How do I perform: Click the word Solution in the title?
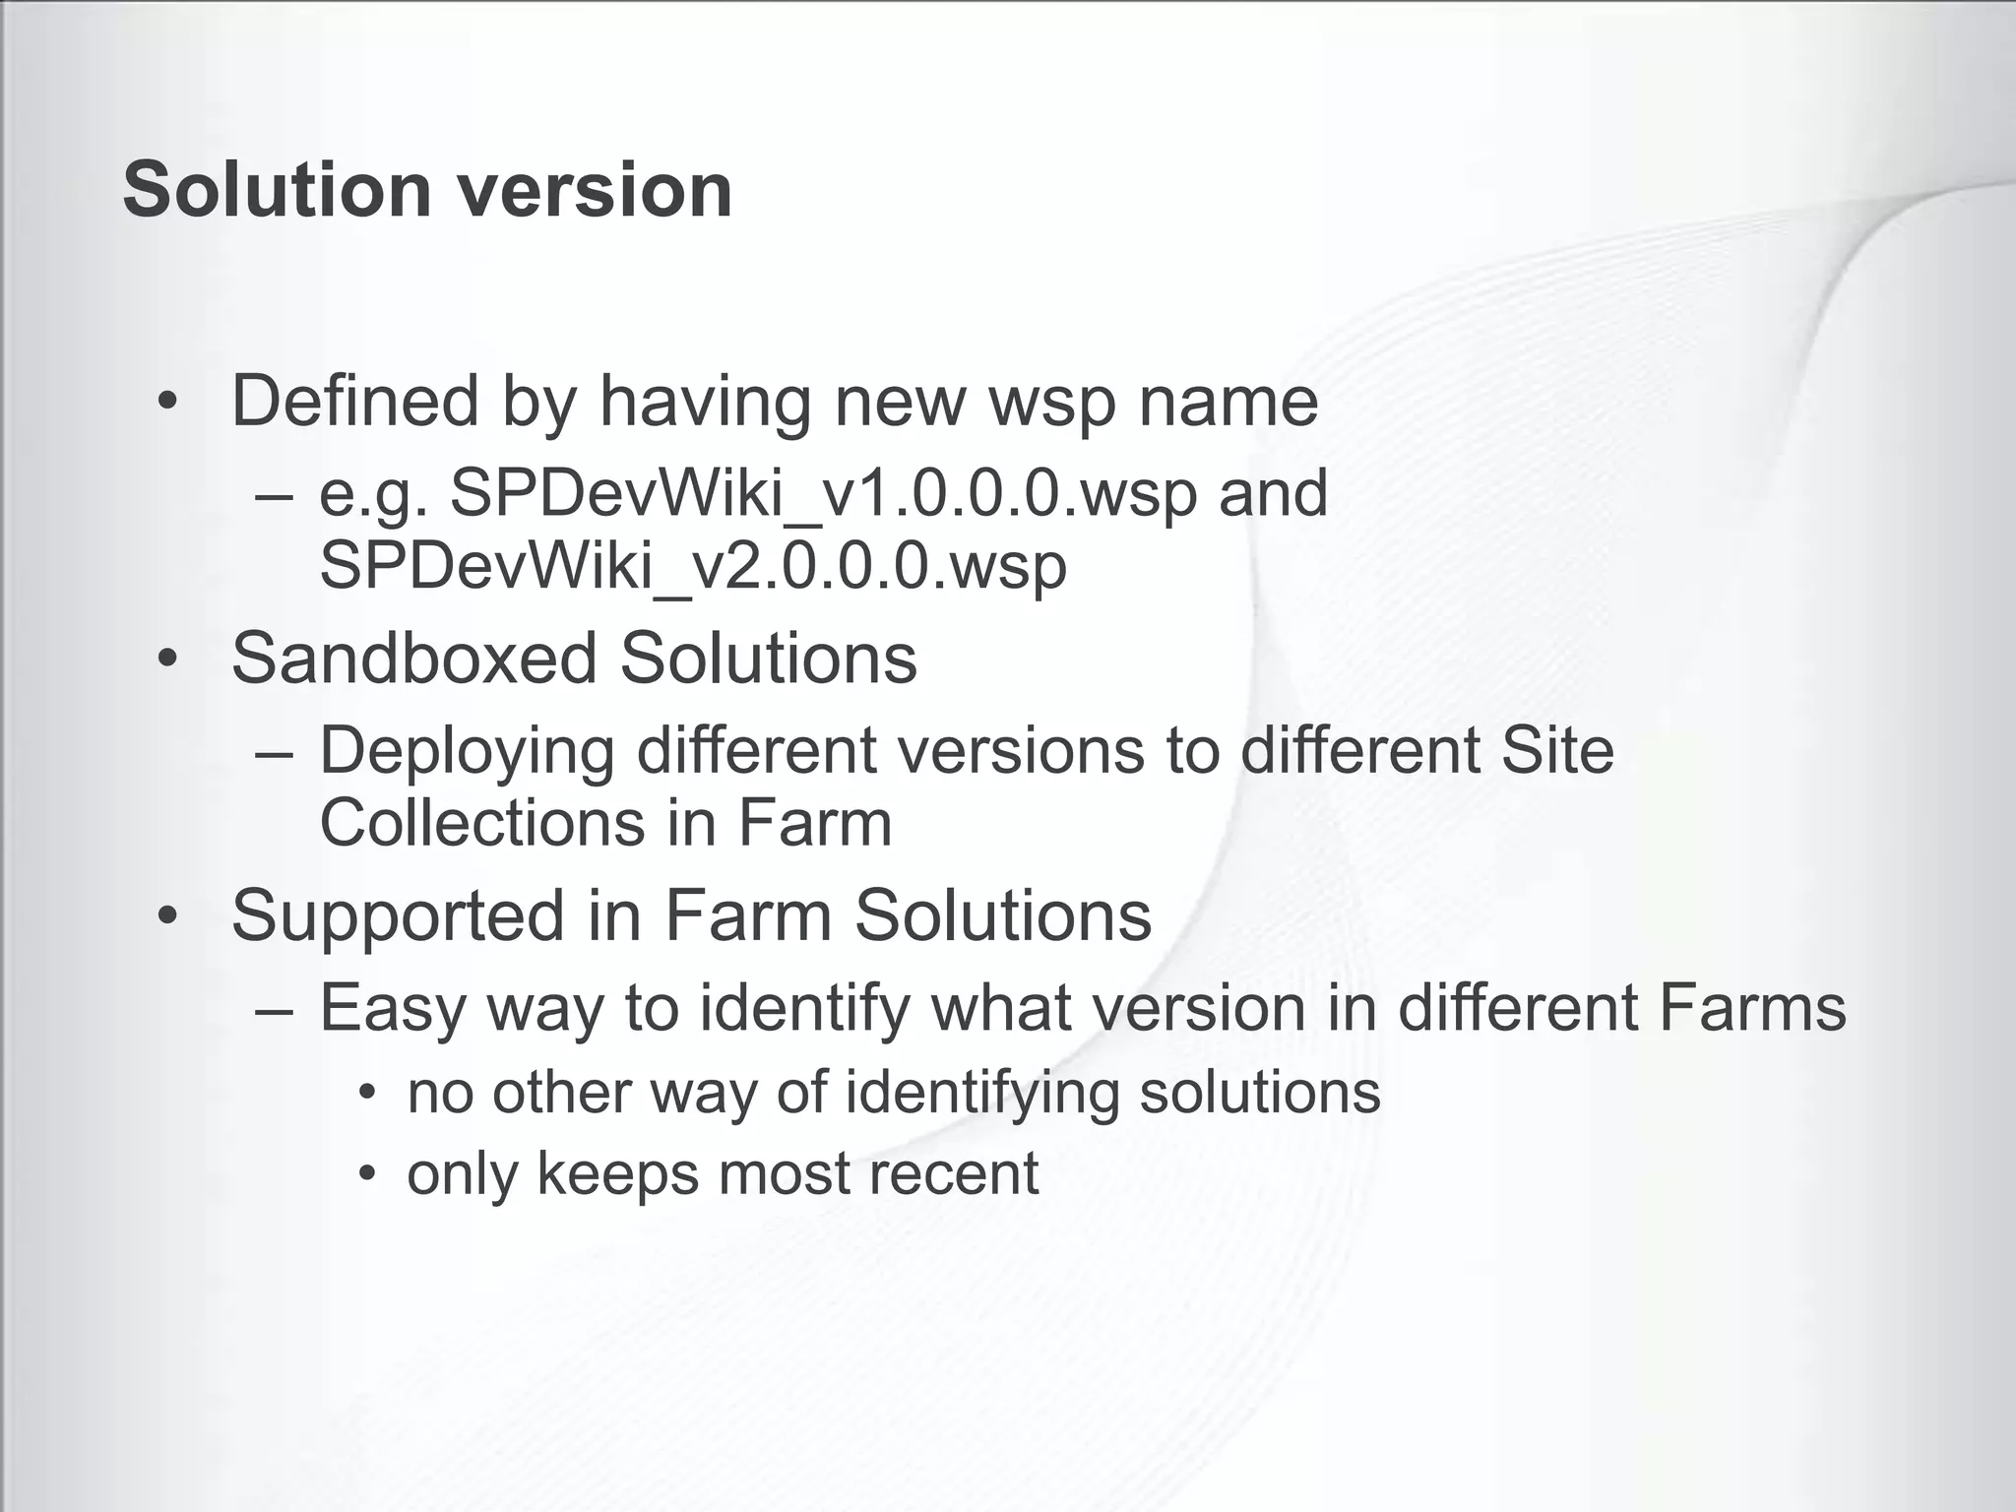point(277,189)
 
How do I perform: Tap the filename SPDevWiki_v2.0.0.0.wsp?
point(693,566)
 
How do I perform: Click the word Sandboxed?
point(413,658)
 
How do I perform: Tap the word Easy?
point(392,1010)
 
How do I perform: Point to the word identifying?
point(981,1093)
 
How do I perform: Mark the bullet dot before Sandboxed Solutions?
point(168,659)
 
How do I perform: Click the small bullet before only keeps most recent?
point(367,1173)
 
